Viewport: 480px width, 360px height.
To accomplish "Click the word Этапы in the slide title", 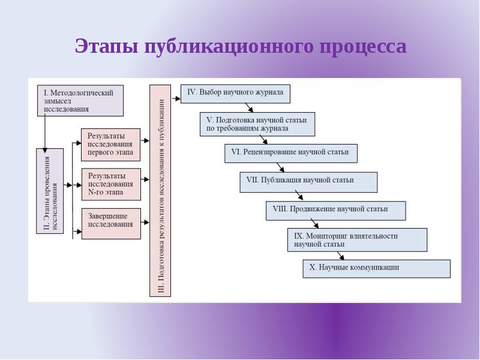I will coord(107,46).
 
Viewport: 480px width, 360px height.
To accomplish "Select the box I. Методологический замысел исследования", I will coord(80,101).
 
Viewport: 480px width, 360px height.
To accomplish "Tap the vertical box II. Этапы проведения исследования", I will coord(50,190).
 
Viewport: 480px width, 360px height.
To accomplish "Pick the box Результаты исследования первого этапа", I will coord(110,145).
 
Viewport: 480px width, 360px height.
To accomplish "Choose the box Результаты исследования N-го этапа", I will coord(110,184).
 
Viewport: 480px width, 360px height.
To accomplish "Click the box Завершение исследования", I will coord(110,223).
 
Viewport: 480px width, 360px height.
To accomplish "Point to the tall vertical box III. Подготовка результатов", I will coord(160,190).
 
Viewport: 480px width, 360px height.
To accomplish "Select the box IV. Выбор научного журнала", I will coord(235,94).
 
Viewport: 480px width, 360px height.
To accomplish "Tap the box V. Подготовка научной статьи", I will coord(257,124).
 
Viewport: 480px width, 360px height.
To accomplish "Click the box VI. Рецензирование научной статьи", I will coord(290,153).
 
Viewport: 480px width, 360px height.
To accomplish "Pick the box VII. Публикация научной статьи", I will coord(308,182).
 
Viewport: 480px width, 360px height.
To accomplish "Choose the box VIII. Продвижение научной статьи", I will coord(335,211).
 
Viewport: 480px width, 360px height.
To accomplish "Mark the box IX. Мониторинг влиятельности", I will coord(357,240).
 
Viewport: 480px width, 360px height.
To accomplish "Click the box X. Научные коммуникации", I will coord(376,269).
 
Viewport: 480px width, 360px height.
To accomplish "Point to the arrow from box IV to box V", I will coord(248,108).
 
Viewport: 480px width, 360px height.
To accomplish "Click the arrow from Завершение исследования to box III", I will coord(145,222).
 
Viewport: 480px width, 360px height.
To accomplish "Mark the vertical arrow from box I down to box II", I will coord(44,132).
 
